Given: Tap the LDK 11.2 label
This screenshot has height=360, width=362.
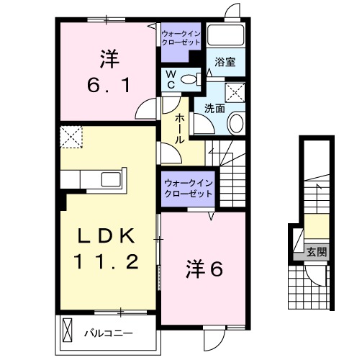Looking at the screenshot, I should tap(107, 249).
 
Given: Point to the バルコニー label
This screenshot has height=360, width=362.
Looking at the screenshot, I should tap(107, 333).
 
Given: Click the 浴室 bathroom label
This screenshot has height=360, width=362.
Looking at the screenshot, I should tap(225, 63).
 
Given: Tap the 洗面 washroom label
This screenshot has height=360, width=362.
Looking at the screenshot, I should tap(214, 109).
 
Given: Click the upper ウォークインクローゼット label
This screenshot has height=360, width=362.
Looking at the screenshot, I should tap(181, 38).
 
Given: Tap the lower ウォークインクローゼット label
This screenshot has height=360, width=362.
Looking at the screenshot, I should tap(188, 189).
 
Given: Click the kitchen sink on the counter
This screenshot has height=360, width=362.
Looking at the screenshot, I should tap(112, 179).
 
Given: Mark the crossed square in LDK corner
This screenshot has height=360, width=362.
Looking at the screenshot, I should tap(71, 137).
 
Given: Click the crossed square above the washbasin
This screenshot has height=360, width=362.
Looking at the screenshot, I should tap(235, 92).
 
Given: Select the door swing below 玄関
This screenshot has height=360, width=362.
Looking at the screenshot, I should tap(314, 274).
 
